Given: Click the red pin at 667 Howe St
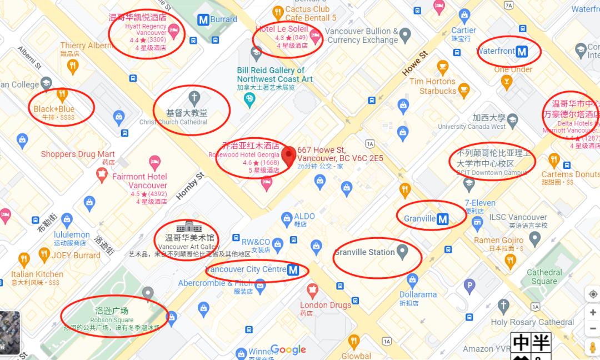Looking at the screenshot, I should [288, 156].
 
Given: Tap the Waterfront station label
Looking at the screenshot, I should [496, 51].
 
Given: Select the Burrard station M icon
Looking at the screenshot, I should [203, 19].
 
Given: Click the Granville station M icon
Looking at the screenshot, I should [443, 219].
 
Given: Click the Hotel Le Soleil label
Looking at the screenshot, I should [281, 29].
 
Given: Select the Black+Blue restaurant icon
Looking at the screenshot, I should [62, 94].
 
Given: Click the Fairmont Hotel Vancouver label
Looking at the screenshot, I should [139, 181].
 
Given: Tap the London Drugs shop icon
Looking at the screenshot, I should [312, 289].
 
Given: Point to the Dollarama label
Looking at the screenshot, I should [418, 294].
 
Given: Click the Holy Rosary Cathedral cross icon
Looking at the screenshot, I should [503, 306].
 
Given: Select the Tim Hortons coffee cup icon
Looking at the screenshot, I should [443, 68].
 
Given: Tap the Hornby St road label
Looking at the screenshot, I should [190, 186].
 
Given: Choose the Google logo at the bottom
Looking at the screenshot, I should [288, 349].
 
